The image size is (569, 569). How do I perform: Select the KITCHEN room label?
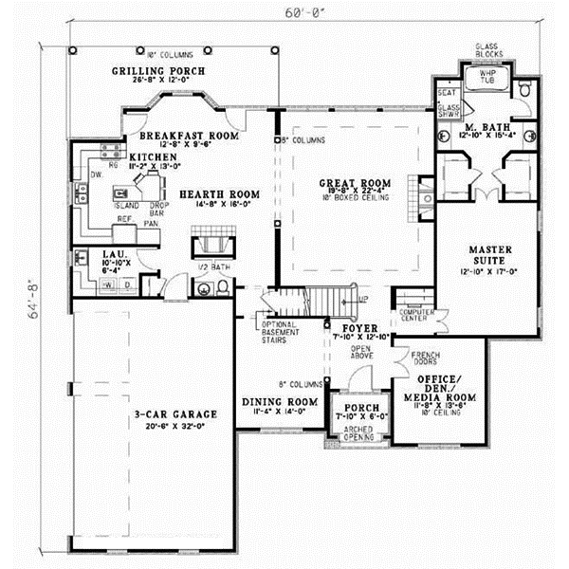click(153, 156)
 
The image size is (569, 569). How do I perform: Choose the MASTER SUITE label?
click(491, 252)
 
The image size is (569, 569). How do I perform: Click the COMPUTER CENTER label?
click(414, 315)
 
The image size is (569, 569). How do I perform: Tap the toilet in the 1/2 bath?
click(203, 289)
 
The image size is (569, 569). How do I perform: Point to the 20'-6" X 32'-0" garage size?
click(176, 426)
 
